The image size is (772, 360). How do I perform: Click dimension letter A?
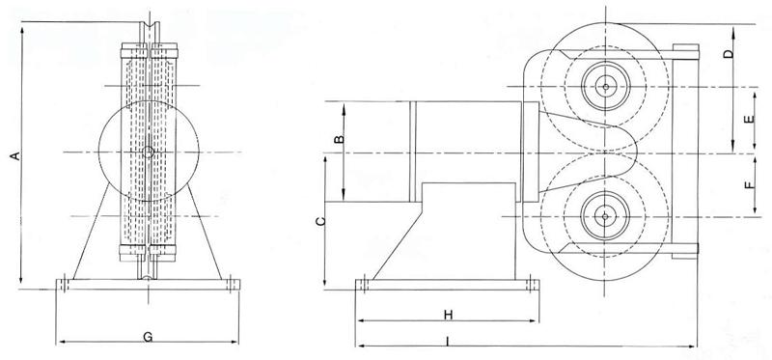[x=13, y=154]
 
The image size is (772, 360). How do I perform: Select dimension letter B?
[x=338, y=142]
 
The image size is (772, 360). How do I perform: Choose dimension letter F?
[x=750, y=184]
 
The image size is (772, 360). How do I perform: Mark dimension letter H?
[x=448, y=315]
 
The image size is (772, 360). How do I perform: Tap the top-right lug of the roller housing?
[x=686, y=50]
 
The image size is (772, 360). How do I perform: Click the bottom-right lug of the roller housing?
[x=686, y=254]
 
